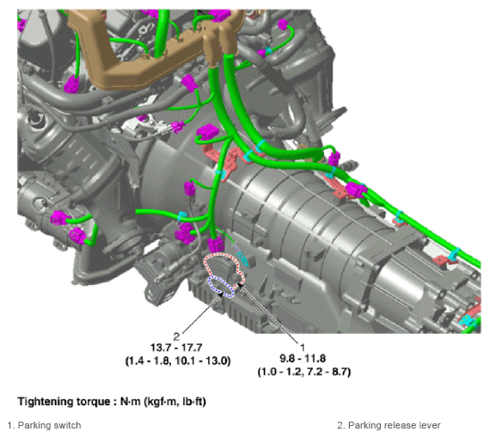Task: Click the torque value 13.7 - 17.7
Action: coord(176,348)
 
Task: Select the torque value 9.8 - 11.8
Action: coord(303,359)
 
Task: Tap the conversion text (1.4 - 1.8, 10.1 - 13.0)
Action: coord(178,361)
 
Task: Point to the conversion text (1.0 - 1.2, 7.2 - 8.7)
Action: coord(304,372)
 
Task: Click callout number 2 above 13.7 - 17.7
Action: coord(176,336)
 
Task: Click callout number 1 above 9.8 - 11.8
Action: coord(303,348)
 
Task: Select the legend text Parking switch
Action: coord(49,425)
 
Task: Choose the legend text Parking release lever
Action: coord(394,425)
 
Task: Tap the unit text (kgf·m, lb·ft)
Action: coord(175,401)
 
